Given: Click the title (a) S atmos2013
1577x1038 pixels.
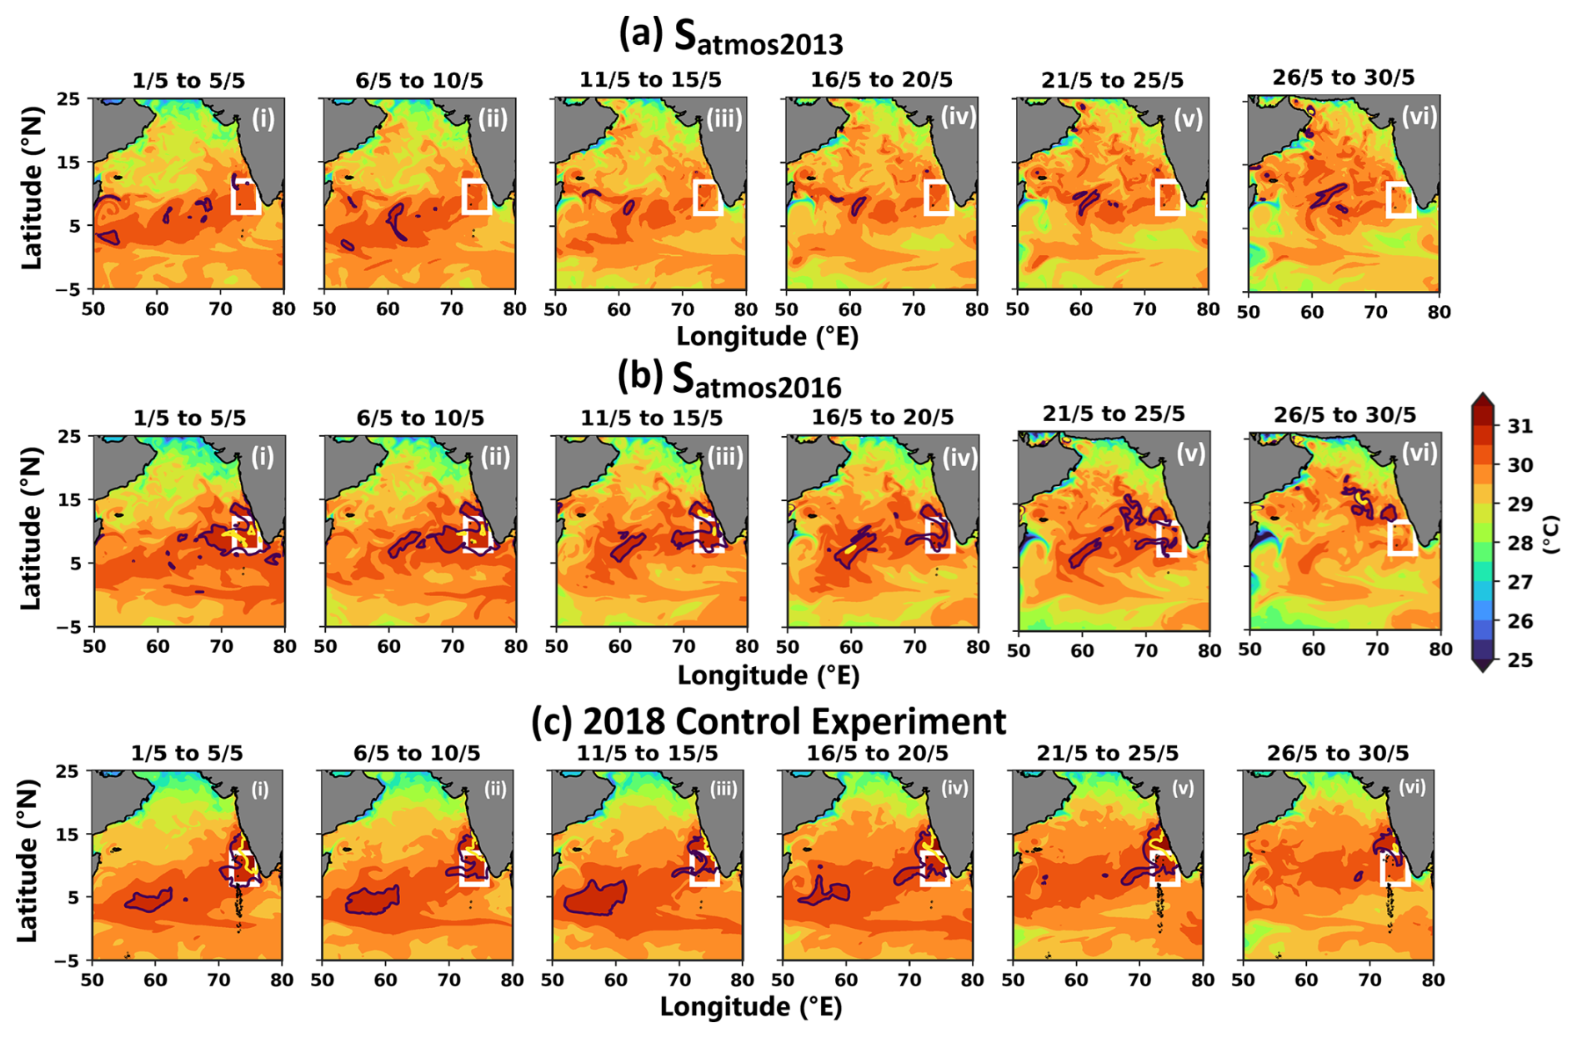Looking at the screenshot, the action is (731, 37).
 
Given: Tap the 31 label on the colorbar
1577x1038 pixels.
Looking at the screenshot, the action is (1520, 427).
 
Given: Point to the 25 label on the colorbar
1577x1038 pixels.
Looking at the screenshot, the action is (1520, 660).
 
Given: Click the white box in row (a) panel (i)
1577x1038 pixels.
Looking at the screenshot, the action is (246, 196).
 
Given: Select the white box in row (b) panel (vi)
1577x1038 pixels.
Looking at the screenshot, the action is (1402, 538).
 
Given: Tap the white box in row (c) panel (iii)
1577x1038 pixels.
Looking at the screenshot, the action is (705, 869).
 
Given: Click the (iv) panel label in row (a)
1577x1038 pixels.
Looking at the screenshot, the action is (959, 116).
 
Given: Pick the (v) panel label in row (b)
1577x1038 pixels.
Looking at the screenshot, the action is (1189, 454).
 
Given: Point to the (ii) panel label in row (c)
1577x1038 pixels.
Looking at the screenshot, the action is (495, 789).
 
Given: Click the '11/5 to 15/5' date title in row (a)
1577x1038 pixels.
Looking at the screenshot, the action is (651, 80).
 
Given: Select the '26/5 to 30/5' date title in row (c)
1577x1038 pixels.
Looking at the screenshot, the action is (1338, 754).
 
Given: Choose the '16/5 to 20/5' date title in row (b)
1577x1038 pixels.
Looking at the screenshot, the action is (883, 417).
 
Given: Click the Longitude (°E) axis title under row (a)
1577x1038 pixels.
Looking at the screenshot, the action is (768, 336).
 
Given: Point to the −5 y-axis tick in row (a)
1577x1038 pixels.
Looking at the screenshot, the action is (68, 289).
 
